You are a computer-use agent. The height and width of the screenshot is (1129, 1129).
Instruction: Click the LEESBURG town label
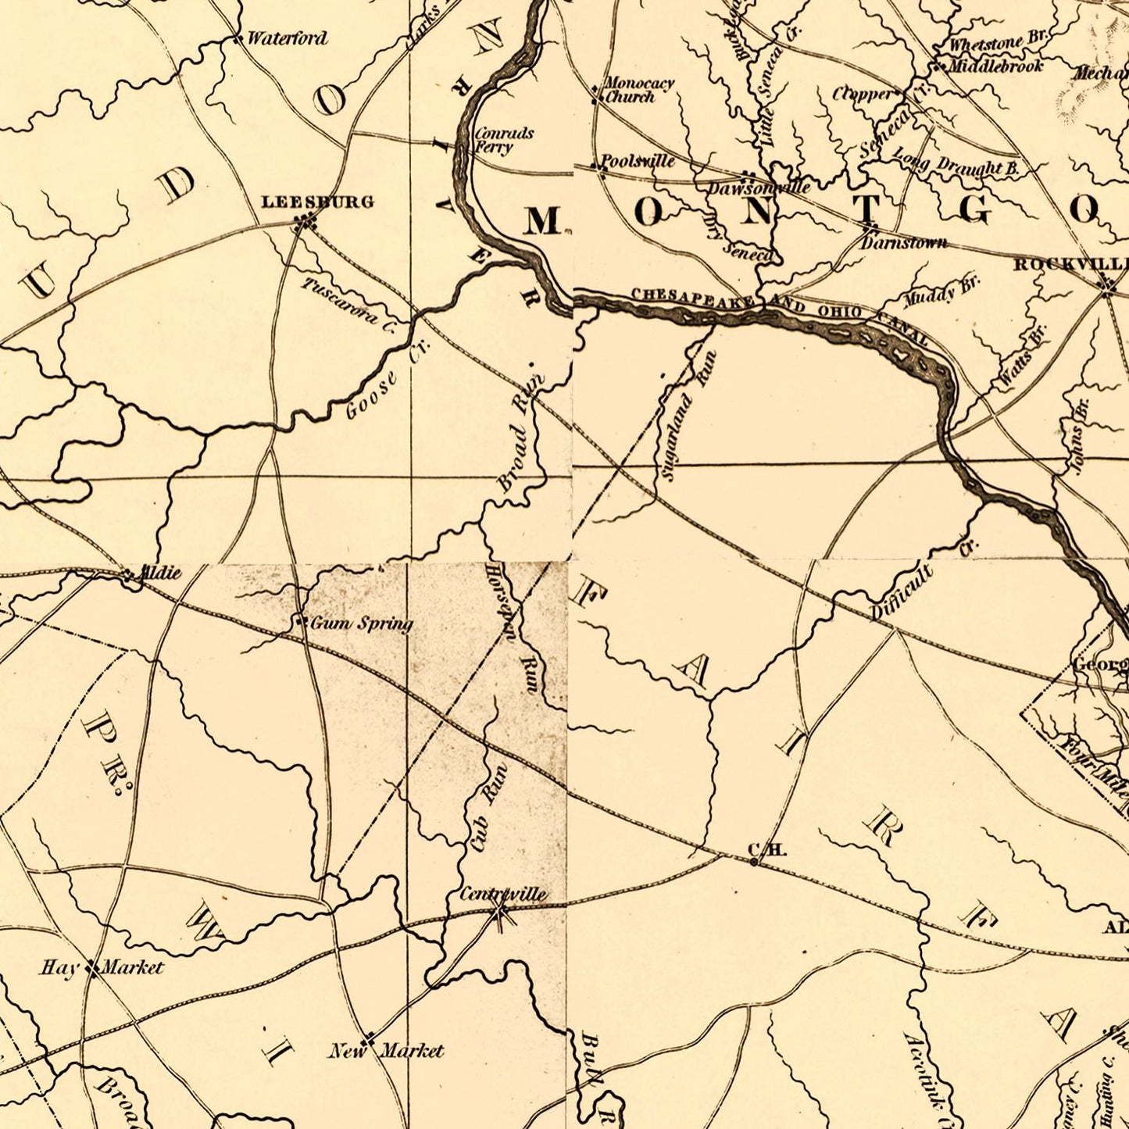pyautogui.click(x=317, y=202)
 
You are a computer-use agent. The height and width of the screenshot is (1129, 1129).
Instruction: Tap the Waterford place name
pyautogui.click(x=287, y=38)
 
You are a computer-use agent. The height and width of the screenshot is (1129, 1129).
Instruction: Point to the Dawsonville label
pyautogui.click(x=759, y=188)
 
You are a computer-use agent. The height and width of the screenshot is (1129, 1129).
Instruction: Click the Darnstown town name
pyautogui.click(x=904, y=243)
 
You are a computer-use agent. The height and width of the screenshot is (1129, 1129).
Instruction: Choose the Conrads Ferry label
pyautogui.click(x=504, y=140)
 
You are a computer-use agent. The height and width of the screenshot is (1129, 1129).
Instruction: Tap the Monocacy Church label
pyautogui.click(x=639, y=90)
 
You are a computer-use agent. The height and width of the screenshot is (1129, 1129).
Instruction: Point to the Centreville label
pyautogui.click(x=503, y=894)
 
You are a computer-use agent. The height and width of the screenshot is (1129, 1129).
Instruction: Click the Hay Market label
pyautogui.click(x=102, y=968)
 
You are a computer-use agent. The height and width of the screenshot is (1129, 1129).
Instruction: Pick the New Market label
pyautogui.click(x=386, y=1051)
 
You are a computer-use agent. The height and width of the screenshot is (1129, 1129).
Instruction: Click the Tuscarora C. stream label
pyautogui.click(x=348, y=303)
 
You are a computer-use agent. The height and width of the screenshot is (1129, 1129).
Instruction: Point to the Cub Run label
pyautogui.click(x=488, y=807)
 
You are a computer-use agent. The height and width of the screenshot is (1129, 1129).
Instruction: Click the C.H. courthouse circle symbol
pyautogui.click(x=753, y=862)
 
